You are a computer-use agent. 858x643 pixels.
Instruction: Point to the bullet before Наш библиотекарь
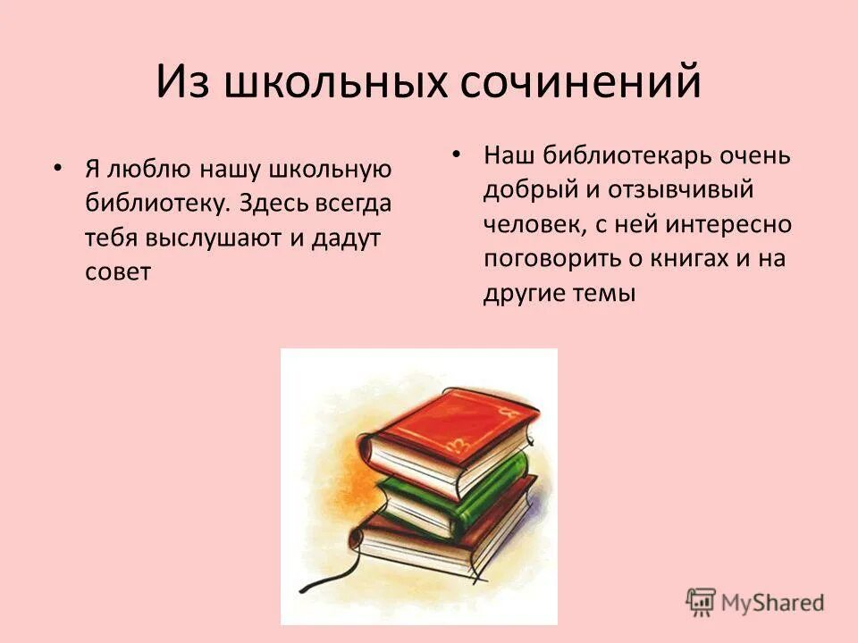click(457, 154)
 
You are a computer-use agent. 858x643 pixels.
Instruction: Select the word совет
click(117, 271)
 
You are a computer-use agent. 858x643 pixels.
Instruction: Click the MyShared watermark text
click(774, 602)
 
